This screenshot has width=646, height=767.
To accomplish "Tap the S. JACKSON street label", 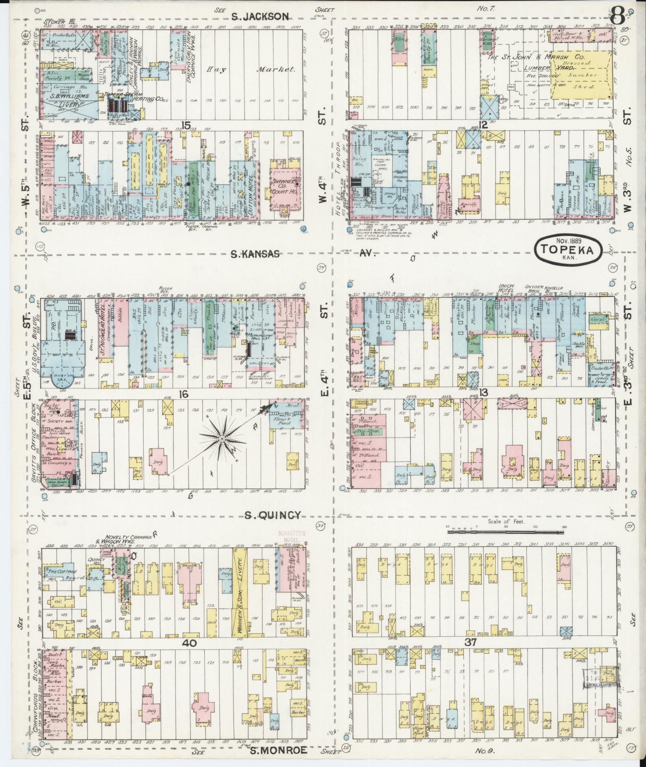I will tap(260, 16).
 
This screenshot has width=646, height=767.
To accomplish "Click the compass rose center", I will tap(221, 439).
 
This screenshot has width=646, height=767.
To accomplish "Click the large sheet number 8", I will tap(618, 18).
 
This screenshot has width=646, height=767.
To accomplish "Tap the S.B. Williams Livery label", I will tap(69, 97).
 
